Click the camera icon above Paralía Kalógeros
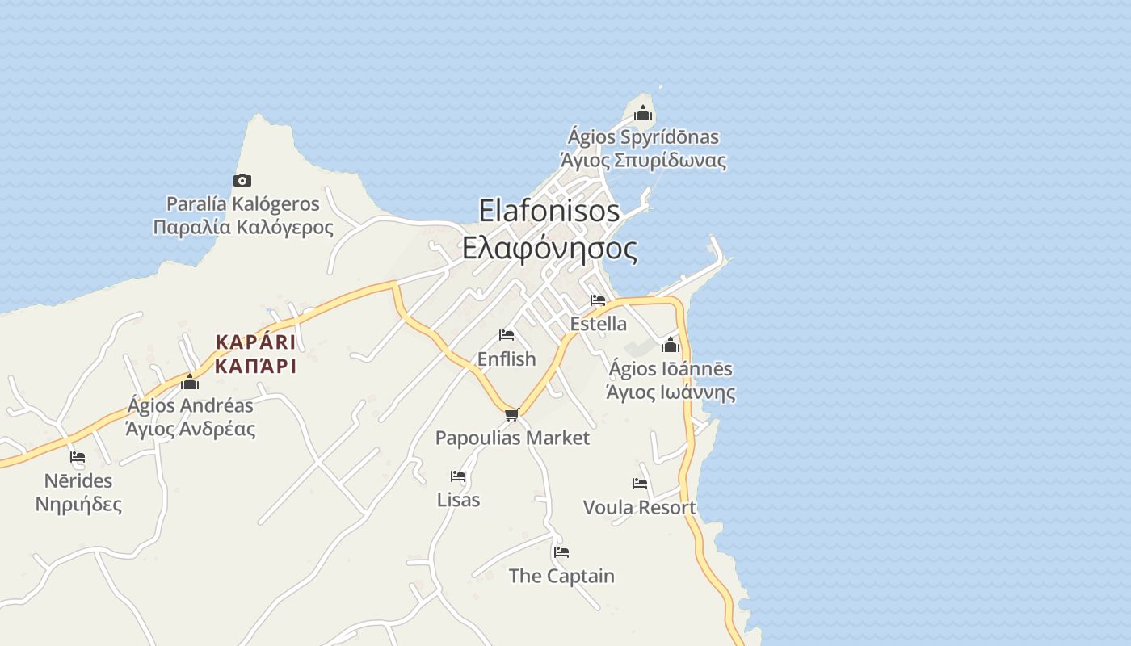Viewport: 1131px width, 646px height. pos(242,180)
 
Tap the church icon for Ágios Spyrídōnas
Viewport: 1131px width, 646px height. pos(643,114)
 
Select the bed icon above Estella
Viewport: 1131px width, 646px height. pos(598,300)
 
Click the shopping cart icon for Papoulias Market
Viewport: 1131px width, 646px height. pos(511,415)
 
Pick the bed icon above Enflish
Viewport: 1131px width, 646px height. pos(507,335)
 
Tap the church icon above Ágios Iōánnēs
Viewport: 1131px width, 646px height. pos(671,346)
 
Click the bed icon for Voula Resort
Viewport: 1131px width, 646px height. pos(640,484)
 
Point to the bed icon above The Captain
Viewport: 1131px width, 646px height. pos(561,552)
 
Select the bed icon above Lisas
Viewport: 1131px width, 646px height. pos(458,476)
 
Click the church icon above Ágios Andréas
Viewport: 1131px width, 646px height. pos(190,381)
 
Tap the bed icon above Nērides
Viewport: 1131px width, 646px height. pos(78,457)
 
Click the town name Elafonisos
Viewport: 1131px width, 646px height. pos(549,211)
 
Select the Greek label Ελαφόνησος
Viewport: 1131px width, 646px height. pos(549,248)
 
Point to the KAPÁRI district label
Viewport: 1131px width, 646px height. pos(255,342)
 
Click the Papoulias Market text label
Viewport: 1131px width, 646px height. pos(513,438)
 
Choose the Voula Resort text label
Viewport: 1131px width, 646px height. pos(639,507)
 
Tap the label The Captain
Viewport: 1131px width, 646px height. pos(561,576)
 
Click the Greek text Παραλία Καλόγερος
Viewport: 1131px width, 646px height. pos(243,227)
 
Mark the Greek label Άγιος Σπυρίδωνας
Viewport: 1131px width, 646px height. pos(643,160)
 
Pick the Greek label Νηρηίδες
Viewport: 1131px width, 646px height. pos(78,505)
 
